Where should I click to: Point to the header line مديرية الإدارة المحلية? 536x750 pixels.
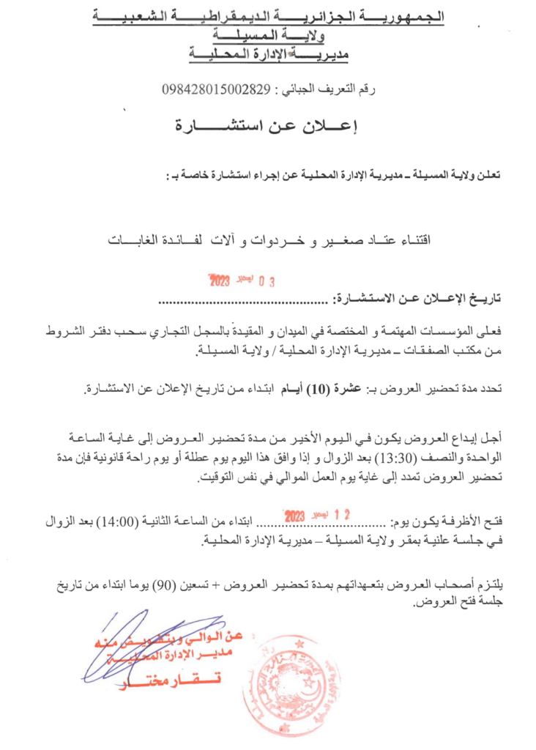pos(268,53)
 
